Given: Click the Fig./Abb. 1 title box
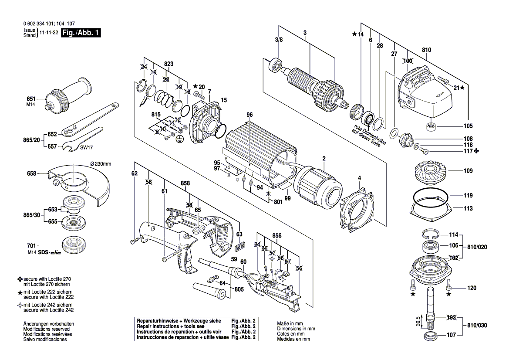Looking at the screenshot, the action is (x=81, y=33).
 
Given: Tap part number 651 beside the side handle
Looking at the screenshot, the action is (x=31, y=99).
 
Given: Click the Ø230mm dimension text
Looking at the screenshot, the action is (x=101, y=164).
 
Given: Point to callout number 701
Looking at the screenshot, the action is (x=31, y=246).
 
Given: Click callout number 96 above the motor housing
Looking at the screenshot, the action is (x=249, y=115).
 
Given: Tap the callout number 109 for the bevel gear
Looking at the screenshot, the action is (x=468, y=170).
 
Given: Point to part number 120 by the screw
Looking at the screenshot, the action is (x=472, y=288).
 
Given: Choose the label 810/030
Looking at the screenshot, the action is (x=477, y=325).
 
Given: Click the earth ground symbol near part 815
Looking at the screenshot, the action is (x=178, y=139).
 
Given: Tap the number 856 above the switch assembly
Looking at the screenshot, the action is (x=277, y=235).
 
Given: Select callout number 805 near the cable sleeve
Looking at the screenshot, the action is (x=239, y=289).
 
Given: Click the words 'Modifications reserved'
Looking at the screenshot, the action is (x=46, y=329).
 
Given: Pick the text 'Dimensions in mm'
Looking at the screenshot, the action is (x=296, y=329).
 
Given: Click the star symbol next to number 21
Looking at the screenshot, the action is (x=462, y=88).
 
